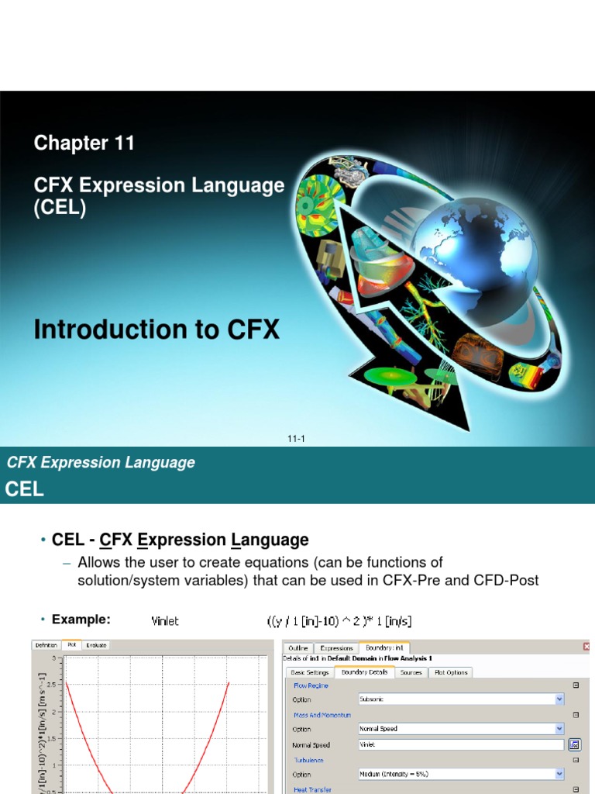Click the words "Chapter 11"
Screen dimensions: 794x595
point(84,143)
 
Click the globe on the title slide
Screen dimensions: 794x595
point(473,247)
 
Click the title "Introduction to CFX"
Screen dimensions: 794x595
point(156,330)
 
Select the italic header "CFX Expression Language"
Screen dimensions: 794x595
point(101,463)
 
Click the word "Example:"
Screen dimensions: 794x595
point(81,619)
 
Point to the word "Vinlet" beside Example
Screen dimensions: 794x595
point(164,620)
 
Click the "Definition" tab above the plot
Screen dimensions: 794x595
point(46,644)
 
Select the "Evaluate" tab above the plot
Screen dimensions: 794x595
point(97,644)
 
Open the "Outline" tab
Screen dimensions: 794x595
point(298,647)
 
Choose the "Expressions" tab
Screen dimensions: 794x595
point(336,647)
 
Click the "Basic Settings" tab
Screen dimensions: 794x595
point(309,672)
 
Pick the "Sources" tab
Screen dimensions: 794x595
point(411,672)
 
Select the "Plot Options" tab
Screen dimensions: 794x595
point(451,672)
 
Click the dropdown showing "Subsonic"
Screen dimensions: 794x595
point(460,699)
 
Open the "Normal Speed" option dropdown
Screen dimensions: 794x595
point(460,729)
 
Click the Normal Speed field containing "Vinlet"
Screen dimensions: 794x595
point(460,744)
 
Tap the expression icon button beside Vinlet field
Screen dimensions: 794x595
point(574,744)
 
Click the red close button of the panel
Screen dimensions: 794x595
point(586,647)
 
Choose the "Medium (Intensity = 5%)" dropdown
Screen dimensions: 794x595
point(460,774)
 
